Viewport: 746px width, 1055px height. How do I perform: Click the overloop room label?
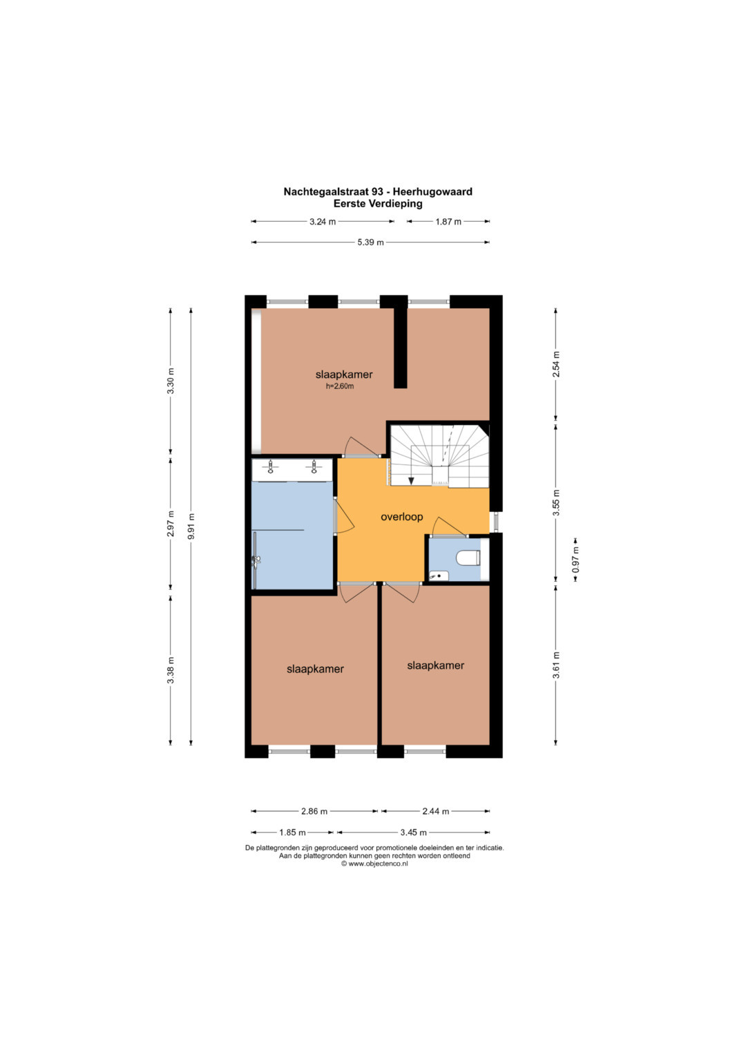pos(402,517)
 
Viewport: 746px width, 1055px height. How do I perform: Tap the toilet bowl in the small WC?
pos(468,558)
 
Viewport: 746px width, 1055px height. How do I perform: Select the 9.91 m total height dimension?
pos(191,526)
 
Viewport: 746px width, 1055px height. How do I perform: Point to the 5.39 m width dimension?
pos(370,243)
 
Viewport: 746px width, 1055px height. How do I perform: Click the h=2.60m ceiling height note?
pos(340,386)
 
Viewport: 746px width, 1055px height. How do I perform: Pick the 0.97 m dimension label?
pos(575,559)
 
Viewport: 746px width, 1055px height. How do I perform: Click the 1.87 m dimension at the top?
pos(448,221)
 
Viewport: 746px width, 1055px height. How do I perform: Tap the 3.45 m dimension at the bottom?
pos(413,833)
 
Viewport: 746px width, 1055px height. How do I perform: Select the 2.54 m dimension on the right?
pos(556,364)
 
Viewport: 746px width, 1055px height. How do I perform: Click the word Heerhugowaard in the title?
pos(432,191)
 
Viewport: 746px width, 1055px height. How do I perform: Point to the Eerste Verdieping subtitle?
pos(378,204)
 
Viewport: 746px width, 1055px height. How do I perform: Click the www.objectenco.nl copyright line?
pos(374,864)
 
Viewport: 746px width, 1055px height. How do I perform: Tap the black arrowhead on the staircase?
pos(411,480)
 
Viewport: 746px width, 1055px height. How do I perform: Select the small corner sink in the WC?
pos(439,575)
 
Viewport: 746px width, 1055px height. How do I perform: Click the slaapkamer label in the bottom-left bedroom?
pos(315,669)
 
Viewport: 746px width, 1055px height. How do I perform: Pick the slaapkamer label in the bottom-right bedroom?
pos(436,665)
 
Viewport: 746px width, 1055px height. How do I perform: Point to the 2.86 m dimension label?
pos(314,811)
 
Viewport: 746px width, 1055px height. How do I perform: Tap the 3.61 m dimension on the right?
pos(556,665)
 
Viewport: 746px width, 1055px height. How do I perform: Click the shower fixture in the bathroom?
pos(256,560)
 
